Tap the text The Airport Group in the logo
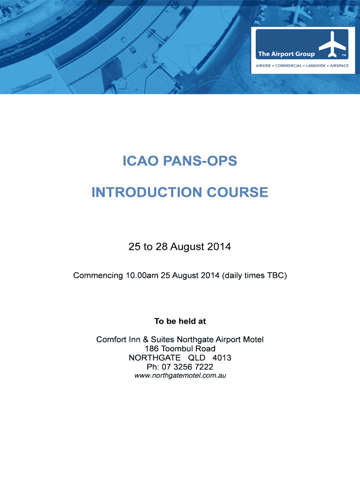[x=286, y=54]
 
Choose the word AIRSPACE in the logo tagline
[x=339, y=65]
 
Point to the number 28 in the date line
[x=162, y=247]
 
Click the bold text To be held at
[x=180, y=321]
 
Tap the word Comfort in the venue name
[x=111, y=339]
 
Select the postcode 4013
[x=222, y=358]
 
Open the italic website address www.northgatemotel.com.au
[x=180, y=375]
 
